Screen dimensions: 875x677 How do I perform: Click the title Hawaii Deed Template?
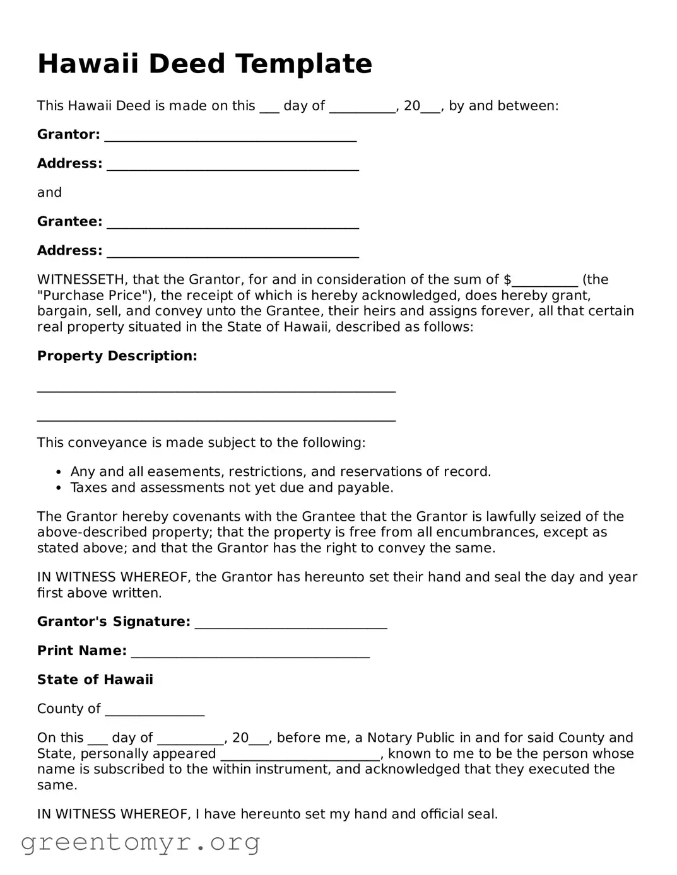tap(204, 64)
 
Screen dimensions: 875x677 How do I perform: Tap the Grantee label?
tap(69, 222)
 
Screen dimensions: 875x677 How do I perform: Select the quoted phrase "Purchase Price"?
tap(90, 296)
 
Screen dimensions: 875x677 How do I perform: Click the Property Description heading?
tap(117, 356)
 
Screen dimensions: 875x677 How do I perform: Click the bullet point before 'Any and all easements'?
tap(59, 472)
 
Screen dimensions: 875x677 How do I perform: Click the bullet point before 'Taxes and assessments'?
tap(59, 488)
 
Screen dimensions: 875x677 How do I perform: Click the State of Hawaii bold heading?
tap(95, 680)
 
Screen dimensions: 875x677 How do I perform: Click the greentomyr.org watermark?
tap(140, 842)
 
